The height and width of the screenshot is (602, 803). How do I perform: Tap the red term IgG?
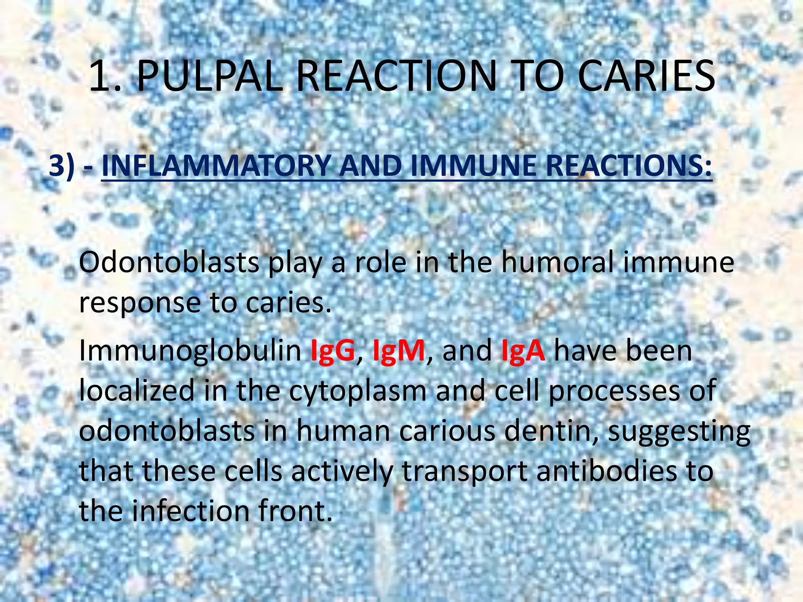pos(332,351)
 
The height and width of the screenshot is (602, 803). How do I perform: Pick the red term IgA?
pos(523,351)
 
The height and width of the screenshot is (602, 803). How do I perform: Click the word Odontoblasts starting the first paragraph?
pos(169,263)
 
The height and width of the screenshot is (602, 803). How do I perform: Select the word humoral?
pos(556,263)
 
